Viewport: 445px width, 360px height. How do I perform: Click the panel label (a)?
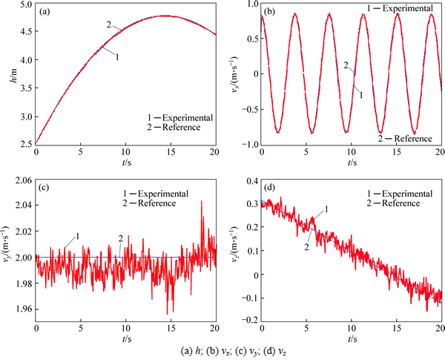coord(46,13)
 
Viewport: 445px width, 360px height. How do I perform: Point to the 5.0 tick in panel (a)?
coord(25,5)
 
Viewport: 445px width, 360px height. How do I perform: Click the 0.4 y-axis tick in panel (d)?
coord(251,180)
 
